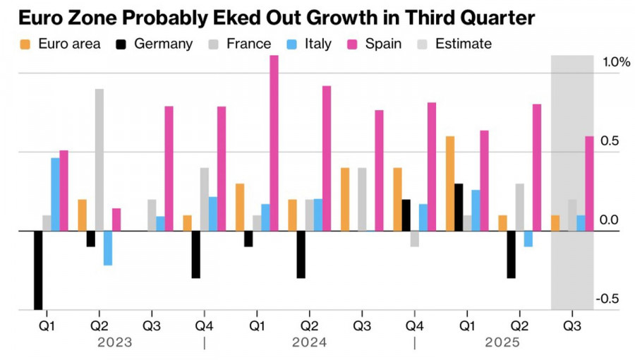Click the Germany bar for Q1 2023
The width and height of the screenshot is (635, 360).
[x=38, y=270]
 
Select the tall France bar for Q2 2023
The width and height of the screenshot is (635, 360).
[x=99, y=160]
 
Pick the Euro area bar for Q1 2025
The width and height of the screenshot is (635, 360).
[x=450, y=184]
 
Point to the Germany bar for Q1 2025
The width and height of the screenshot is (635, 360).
[x=459, y=207]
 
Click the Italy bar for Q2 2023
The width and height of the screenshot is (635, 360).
[x=108, y=248]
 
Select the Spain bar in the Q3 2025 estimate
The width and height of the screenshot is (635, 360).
[x=589, y=184]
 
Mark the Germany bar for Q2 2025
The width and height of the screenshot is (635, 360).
[x=512, y=254]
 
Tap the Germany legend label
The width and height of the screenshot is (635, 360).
[x=163, y=44]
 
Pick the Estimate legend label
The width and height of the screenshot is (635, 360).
[x=464, y=44]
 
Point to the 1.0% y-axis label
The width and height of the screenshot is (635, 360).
[x=615, y=63]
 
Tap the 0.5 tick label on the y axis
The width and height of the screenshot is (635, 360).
[x=609, y=141]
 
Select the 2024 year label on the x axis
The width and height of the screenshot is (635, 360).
[x=310, y=342]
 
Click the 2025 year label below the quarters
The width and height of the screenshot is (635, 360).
[x=502, y=342]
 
